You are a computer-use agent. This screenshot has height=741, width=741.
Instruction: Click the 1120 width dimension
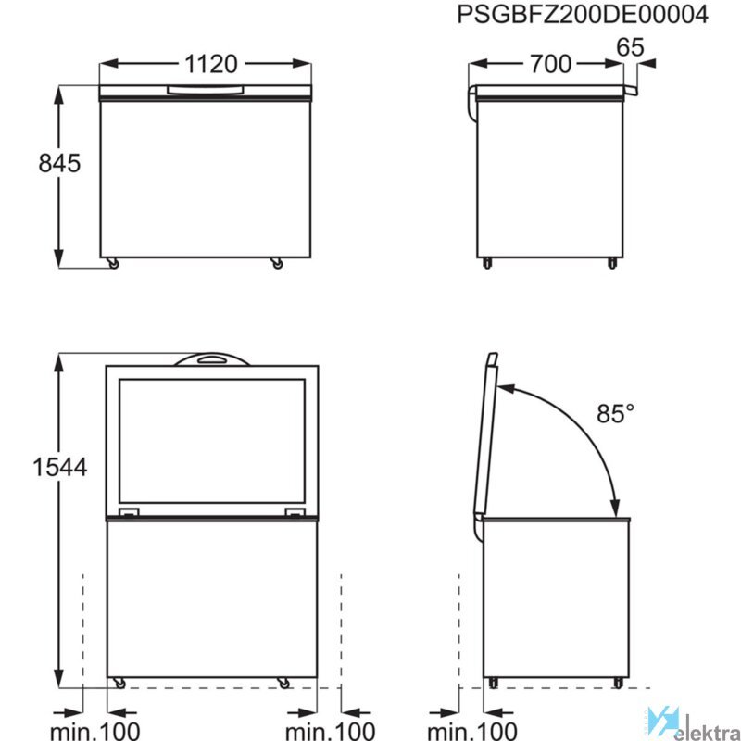tap(210, 64)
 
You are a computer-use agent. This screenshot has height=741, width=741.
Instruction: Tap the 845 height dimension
tap(59, 163)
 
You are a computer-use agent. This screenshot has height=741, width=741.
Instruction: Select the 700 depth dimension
tap(550, 64)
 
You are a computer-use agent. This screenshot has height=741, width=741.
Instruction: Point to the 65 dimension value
tap(631, 47)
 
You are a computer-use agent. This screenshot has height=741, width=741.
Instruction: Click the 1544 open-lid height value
tap(60, 468)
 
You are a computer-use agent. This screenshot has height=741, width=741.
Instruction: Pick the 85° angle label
tap(615, 413)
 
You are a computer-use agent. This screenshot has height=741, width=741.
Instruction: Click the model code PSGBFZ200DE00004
tap(583, 14)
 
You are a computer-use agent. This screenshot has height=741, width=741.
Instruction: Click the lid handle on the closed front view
tap(206, 90)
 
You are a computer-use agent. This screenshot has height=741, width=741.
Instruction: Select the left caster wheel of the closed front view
tap(113, 263)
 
